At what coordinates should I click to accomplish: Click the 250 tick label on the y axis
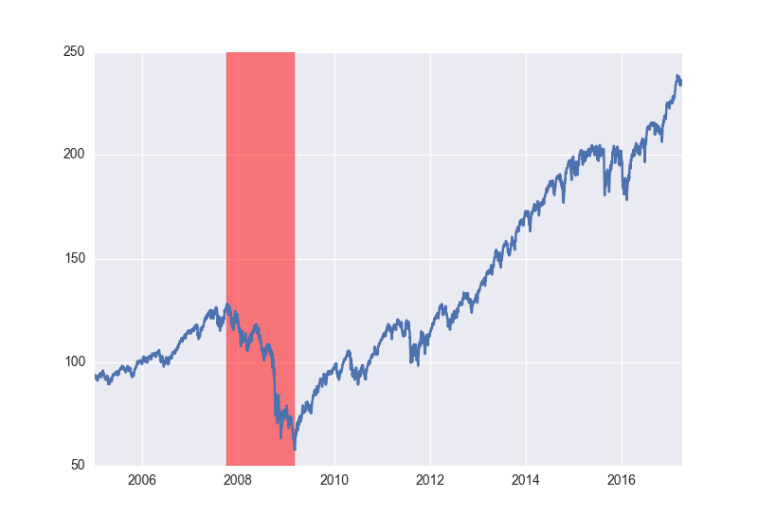tap(74, 51)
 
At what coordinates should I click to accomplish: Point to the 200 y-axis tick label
tap(74, 155)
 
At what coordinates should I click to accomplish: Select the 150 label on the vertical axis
tap(75, 258)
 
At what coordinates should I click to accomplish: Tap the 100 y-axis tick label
tap(75, 362)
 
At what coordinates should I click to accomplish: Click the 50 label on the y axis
tap(78, 465)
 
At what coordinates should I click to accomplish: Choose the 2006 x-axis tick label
tap(142, 480)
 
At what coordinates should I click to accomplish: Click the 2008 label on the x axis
tap(238, 480)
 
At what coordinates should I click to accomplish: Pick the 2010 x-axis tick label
tap(334, 480)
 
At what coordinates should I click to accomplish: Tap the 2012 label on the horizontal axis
tap(430, 480)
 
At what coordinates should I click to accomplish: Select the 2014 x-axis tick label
tap(526, 480)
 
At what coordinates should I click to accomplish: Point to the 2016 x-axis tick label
tap(622, 480)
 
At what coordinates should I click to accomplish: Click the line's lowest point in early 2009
tap(295, 450)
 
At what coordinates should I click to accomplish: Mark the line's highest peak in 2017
tap(677, 76)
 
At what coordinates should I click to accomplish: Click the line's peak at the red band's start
tap(227, 305)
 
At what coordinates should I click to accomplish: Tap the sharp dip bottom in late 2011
tap(418, 365)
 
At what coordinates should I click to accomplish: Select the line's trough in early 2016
tap(627, 199)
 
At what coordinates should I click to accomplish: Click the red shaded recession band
tap(261, 258)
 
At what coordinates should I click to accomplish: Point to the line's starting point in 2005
tap(96, 377)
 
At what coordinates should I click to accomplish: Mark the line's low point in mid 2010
tap(358, 383)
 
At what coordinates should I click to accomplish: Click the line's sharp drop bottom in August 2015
tap(605, 194)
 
